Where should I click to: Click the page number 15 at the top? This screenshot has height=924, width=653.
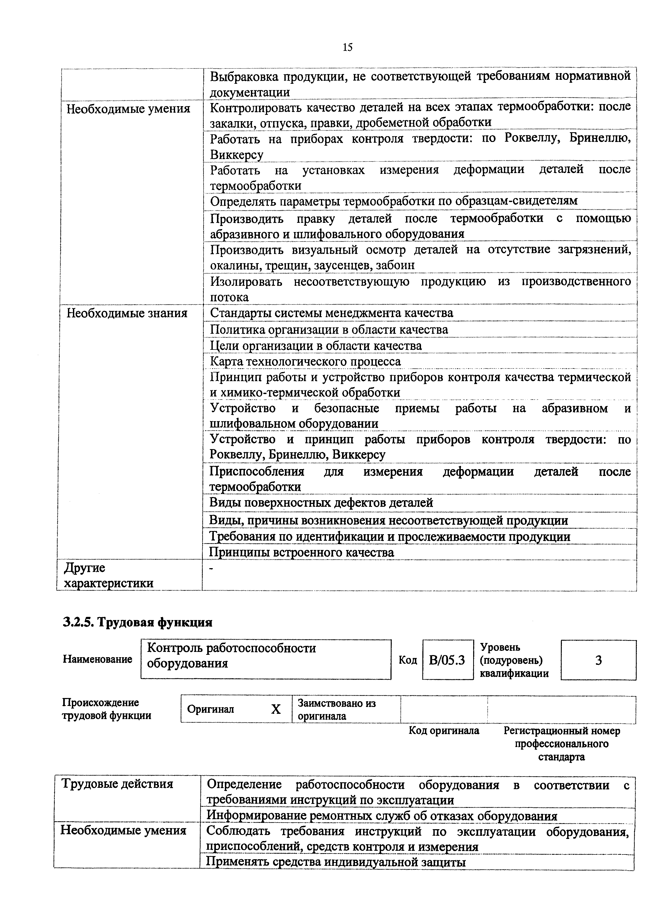coord(347,47)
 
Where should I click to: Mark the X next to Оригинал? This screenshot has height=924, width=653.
coord(276,709)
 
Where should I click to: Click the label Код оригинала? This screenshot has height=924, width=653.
coord(444,730)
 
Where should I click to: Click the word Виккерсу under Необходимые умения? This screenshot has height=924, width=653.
coord(236,155)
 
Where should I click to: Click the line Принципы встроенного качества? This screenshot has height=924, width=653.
coord(301,553)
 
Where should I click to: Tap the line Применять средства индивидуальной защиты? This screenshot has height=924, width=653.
coord(336,862)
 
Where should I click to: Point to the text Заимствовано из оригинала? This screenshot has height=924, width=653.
coord(336,710)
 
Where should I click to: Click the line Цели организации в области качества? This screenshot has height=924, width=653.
coord(316,345)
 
